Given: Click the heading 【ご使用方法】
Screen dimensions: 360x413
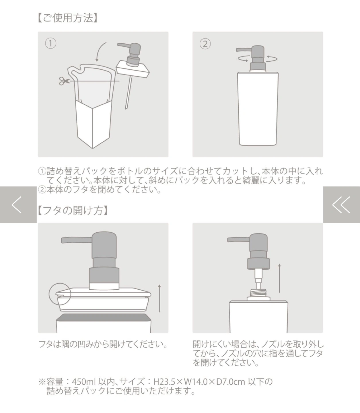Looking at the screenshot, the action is click(67, 18).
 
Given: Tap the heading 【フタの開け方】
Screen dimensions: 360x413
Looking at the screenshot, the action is click(73, 211).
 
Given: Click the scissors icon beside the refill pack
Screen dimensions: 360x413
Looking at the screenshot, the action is click(64, 81).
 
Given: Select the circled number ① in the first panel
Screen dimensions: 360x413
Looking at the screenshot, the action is click(50, 44).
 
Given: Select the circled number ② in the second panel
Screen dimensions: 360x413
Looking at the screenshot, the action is click(205, 44).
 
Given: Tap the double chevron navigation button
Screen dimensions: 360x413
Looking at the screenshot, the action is click(342, 205).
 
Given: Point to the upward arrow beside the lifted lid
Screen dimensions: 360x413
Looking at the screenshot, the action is click(159, 298).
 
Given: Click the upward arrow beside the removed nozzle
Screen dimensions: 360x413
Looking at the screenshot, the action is click(280, 278).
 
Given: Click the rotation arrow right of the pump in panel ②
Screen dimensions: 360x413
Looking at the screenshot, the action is click(272, 59).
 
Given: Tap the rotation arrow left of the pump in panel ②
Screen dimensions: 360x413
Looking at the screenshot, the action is click(243, 59).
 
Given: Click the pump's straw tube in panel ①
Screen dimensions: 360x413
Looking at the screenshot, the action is click(129, 93).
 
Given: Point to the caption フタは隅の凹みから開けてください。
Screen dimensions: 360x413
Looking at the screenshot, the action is click(103, 344).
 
